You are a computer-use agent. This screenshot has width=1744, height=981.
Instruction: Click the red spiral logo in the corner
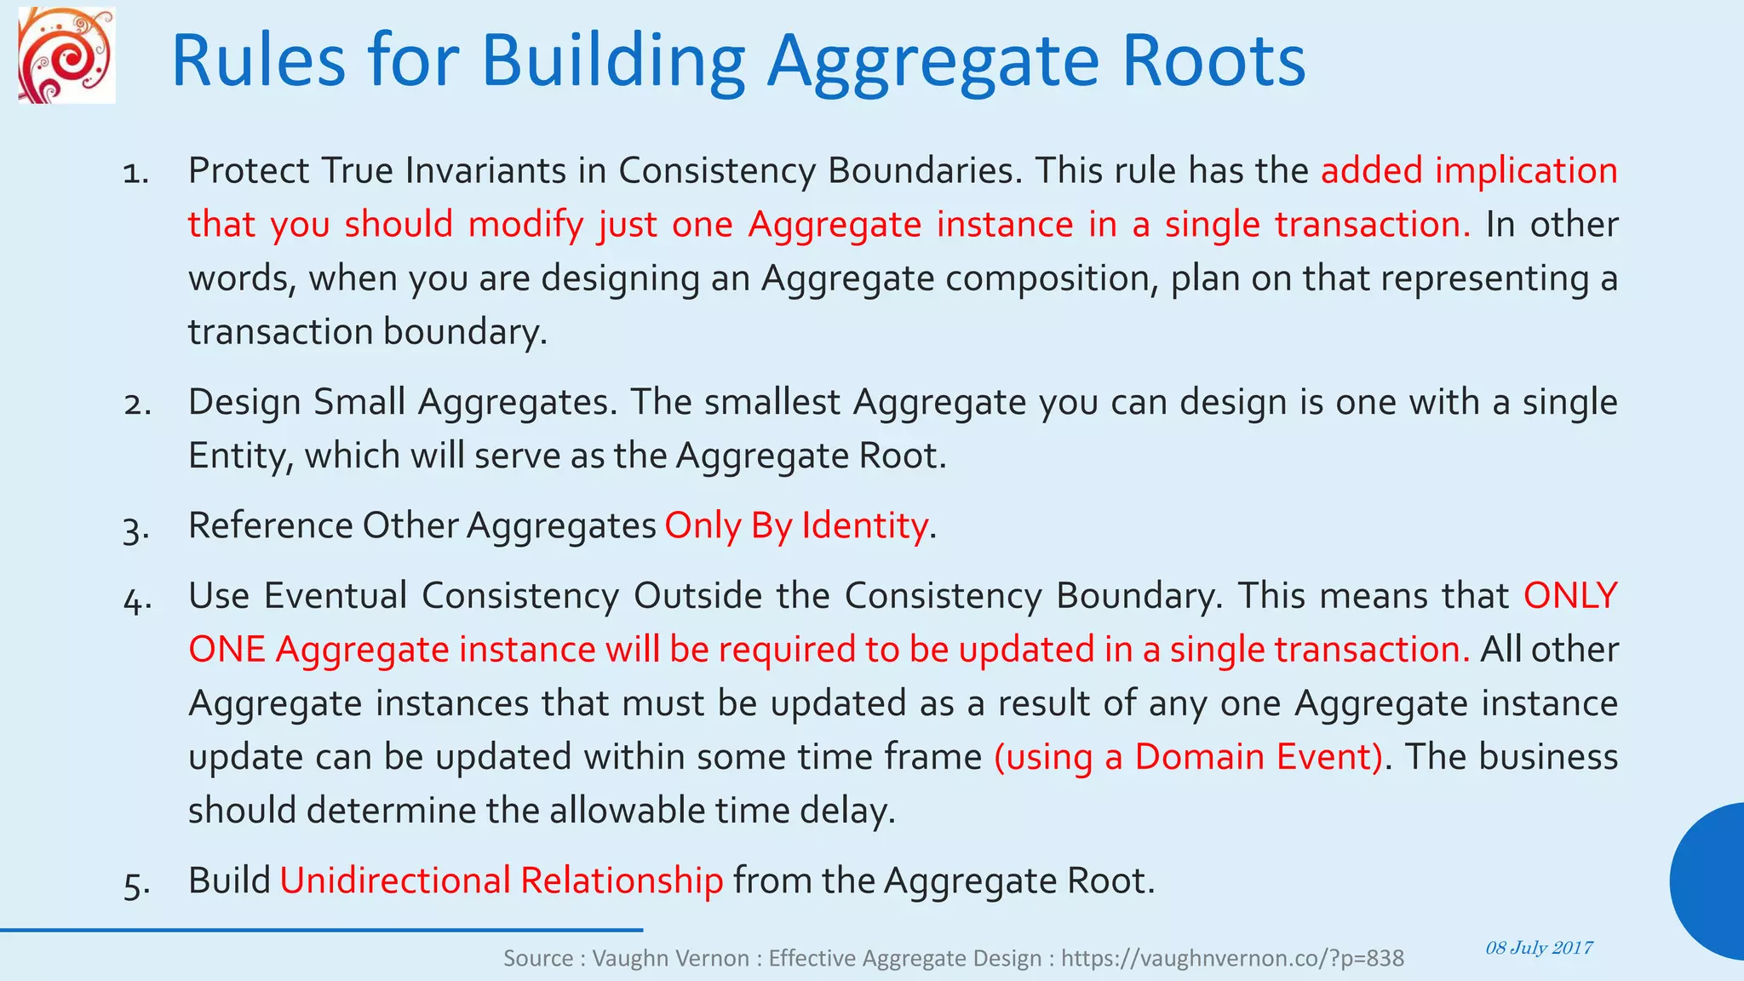(66, 56)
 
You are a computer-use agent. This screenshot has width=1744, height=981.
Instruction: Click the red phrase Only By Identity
(795, 525)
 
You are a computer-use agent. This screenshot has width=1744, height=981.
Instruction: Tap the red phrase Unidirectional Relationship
(501, 881)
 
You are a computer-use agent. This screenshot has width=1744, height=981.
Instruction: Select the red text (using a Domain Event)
(1189, 756)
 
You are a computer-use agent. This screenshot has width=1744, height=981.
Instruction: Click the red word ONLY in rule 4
(1570, 595)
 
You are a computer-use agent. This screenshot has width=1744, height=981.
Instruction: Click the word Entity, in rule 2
(241, 456)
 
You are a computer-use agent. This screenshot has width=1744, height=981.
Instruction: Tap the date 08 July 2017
(1539, 948)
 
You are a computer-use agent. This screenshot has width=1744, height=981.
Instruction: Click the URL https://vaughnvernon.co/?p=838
(1232, 959)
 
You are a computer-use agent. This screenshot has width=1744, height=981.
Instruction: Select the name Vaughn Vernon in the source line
(670, 959)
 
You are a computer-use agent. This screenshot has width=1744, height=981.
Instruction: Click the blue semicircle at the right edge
(1710, 881)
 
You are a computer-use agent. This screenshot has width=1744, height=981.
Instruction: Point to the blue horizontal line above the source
(321, 930)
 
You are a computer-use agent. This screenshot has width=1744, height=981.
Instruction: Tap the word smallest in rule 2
(772, 402)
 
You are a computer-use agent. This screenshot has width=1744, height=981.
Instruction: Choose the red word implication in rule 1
(1526, 170)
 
